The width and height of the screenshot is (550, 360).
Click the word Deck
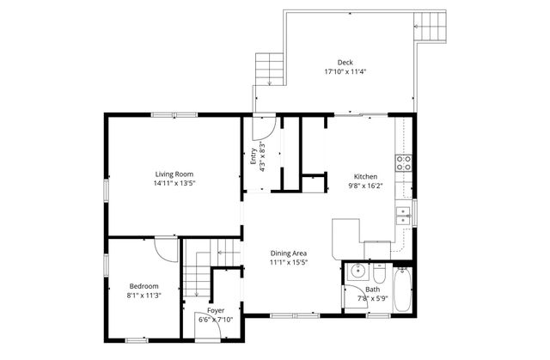click(x=345, y=62)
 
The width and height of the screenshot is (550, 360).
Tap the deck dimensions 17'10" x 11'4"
click(x=345, y=71)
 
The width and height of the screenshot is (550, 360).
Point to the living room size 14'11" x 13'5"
click(x=174, y=183)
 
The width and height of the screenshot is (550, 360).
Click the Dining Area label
click(x=289, y=253)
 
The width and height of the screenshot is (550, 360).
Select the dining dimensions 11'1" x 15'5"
click(x=289, y=263)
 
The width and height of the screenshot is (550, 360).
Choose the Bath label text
click(x=372, y=290)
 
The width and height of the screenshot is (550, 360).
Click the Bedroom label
click(x=144, y=286)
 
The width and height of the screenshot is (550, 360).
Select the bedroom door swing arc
click(x=162, y=247)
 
